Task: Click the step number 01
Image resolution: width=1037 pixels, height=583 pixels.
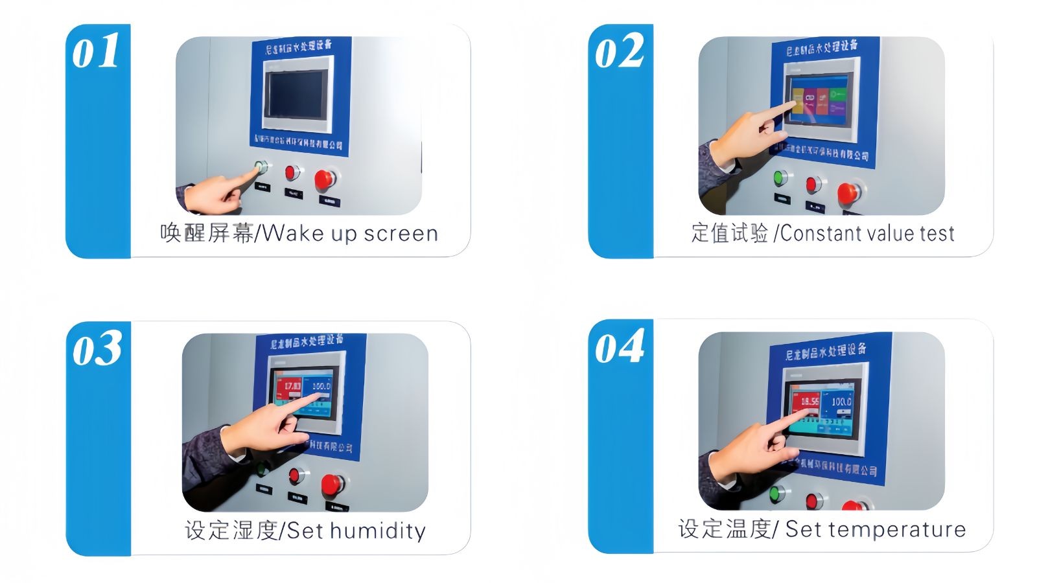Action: pos(96,52)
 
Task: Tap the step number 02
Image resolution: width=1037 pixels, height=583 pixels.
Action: pos(619,52)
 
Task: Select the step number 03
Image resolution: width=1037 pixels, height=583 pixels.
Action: pos(97,349)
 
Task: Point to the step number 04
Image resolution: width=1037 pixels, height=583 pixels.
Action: pos(619,347)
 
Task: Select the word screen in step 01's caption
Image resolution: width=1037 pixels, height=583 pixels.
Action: pos(401,233)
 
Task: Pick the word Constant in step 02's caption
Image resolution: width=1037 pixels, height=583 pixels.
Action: pos(820,233)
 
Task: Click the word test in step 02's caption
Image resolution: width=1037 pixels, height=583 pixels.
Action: pos(937,233)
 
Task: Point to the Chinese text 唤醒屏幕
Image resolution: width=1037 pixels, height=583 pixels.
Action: pos(207,233)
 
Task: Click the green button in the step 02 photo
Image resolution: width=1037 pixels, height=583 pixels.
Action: pos(780,177)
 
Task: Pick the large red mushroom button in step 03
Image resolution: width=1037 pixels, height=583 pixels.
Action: pos(332,483)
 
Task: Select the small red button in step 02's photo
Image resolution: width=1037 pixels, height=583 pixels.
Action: pos(813,185)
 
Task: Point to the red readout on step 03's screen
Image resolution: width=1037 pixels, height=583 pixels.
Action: pos(289,387)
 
